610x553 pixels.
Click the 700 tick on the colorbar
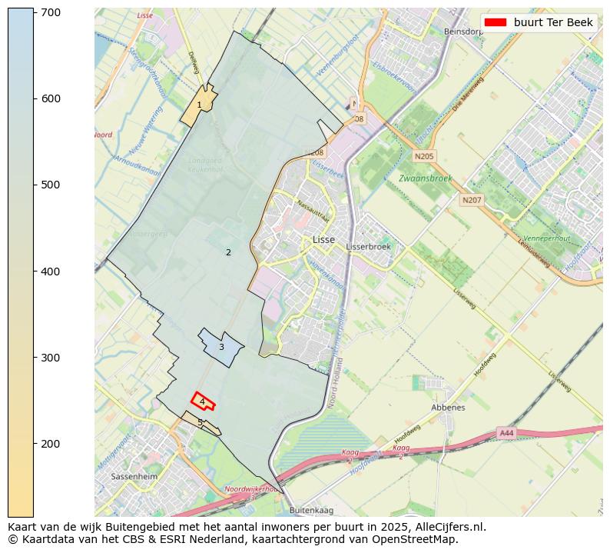point(34,12)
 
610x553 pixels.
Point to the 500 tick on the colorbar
point(34,185)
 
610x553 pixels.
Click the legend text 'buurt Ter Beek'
point(553,22)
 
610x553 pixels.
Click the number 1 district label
point(199,105)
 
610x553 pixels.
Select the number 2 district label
point(228,252)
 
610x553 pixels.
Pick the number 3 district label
point(221,347)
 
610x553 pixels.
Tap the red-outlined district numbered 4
point(202,401)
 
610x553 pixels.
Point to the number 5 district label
point(200,422)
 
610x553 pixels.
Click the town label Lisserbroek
point(369,247)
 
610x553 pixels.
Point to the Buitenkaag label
point(312,510)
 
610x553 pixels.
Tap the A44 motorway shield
point(506,433)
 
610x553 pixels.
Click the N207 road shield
point(471,200)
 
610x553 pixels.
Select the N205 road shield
point(423,156)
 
